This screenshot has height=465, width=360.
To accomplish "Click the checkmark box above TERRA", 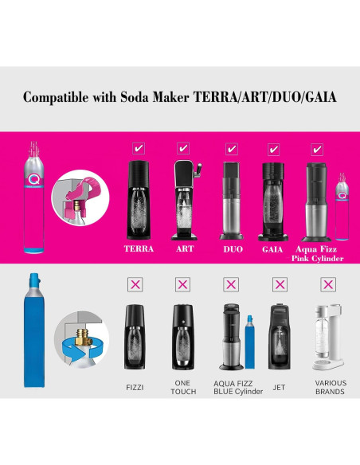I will pos(139,148).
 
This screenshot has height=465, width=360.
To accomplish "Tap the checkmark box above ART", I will pos(183,148).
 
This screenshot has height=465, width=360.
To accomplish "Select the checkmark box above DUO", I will pos(232,148).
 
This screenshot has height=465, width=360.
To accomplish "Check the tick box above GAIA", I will pos(274,148).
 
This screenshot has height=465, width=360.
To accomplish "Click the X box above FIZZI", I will pos(135,283).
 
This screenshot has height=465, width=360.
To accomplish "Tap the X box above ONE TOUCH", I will pos(182,283).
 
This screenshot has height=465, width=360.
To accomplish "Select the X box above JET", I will pos(279,283).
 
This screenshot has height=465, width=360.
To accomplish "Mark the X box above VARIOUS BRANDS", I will pos(327,283).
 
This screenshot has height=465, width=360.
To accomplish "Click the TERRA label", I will pos(139,248).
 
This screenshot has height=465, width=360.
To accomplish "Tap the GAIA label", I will pos(274,248).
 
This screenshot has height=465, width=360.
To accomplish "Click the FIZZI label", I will pos(135,387).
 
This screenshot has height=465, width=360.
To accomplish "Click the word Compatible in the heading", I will pos(55,97).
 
